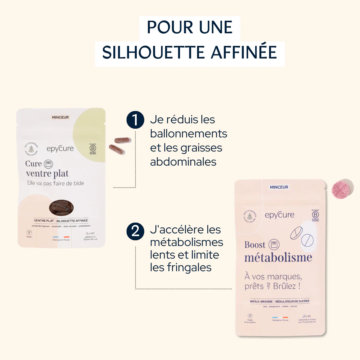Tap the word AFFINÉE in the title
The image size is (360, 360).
pos(244,52)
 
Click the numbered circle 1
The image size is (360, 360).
pos(135,120)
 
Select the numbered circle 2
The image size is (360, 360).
pos(135,231)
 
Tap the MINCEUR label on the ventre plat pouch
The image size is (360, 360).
pos(60,117)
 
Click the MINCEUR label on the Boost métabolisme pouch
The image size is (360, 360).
pos(279,187)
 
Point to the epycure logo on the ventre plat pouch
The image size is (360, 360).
pos(60,148)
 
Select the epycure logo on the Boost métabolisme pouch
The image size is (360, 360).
pos(279,215)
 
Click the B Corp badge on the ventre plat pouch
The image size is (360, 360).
pos(93,148)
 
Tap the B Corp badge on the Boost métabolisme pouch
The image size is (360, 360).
pos(315,215)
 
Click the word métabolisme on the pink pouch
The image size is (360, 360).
pos(278,258)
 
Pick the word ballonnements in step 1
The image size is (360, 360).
pos(188,134)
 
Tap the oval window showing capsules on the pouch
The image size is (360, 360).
pos(61,208)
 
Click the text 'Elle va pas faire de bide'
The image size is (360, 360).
pos(55,183)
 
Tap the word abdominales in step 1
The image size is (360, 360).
pos(183,162)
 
